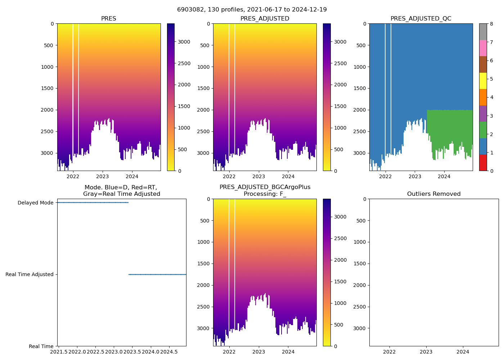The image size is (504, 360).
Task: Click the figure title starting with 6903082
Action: pyautogui.click(x=252, y=10)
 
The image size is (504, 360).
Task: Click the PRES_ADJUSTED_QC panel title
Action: pyautogui.click(x=421, y=19)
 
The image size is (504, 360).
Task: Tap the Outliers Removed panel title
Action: pyautogui.click(x=434, y=194)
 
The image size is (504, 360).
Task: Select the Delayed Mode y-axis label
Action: pyautogui.click(x=35, y=203)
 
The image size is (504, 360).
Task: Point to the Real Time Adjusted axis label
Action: pyautogui.click(x=30, y=274)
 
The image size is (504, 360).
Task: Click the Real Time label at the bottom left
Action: pyautogui.click(x=41, y=346)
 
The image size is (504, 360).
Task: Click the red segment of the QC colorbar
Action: pyautogui.click(x=483, y=163)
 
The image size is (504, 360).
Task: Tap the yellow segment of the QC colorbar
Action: pyautogui.click(x=483, y=81)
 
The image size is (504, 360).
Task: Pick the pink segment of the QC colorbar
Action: pyautogui.click(x=483, y=48)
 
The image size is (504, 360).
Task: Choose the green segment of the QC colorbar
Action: pyautogui.click(x=483, y=130)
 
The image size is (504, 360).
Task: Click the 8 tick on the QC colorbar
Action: pyautogui.click(x=491, y=24)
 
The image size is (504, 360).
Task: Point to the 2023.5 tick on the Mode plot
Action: pyautogui.click(x=132, y=352)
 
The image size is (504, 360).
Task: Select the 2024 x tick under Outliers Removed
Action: pyautogui.click(x=463, y=352)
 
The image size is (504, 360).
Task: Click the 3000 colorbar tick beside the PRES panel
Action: pyautogui.click(x=184, y=42)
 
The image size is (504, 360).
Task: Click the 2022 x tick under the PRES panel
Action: pyautogui.click(x=73, y=176)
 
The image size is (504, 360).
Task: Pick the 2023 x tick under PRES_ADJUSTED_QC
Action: pyautogui.click(x=415, y=176)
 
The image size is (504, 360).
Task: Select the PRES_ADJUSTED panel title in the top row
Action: pyautogui.click(x=265, y=19)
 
